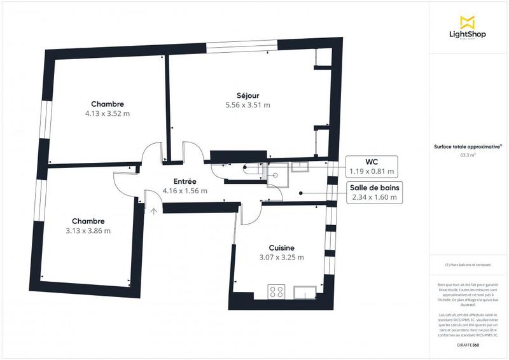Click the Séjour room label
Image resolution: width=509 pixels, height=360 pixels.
248,95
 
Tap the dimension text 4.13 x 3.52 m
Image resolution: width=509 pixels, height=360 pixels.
107,114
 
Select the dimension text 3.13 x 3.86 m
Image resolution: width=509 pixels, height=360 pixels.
88,231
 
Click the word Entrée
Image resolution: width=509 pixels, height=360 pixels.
185,181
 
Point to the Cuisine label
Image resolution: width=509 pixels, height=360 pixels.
281,247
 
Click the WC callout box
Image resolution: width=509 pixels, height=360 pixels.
372,166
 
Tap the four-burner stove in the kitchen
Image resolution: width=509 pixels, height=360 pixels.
277,292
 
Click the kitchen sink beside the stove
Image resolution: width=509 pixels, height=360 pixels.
305,293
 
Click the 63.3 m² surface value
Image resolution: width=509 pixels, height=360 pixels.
468,154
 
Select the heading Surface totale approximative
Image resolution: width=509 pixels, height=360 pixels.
468,146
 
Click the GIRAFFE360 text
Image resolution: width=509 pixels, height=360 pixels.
468,344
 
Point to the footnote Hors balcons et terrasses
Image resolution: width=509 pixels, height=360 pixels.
468,265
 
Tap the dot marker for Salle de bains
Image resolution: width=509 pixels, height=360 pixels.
301,192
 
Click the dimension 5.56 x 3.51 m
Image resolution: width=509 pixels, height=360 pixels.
248,106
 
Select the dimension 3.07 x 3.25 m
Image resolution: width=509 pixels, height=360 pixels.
281,258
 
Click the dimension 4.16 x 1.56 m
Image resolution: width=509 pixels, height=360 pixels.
185,190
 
